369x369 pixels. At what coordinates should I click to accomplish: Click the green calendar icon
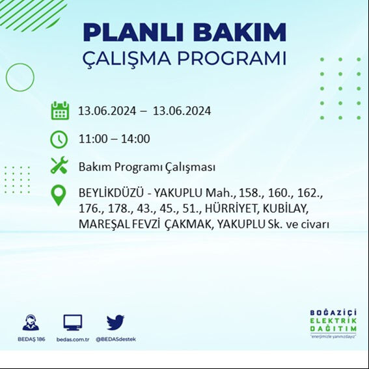tap(60, 111)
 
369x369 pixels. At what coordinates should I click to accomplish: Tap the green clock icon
tap(59, 139)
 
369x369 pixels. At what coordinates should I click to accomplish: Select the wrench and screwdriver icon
tap(59, 166)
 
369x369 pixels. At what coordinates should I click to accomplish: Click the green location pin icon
tap(59, 195)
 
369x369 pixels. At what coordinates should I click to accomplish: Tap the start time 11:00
tap(92, 139)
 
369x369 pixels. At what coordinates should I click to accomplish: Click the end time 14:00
tap(136, 139)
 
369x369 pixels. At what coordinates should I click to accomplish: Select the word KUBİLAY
tap(287, 209)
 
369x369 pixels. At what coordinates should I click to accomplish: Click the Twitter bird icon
tap(115, 322)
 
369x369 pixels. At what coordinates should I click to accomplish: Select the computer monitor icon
tap(72, 322)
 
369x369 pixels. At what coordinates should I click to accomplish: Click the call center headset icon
tap(30, 322)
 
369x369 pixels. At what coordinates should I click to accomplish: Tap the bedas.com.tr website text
tap(72, 339)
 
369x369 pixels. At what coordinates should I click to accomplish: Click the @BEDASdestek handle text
tap(115, 339)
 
